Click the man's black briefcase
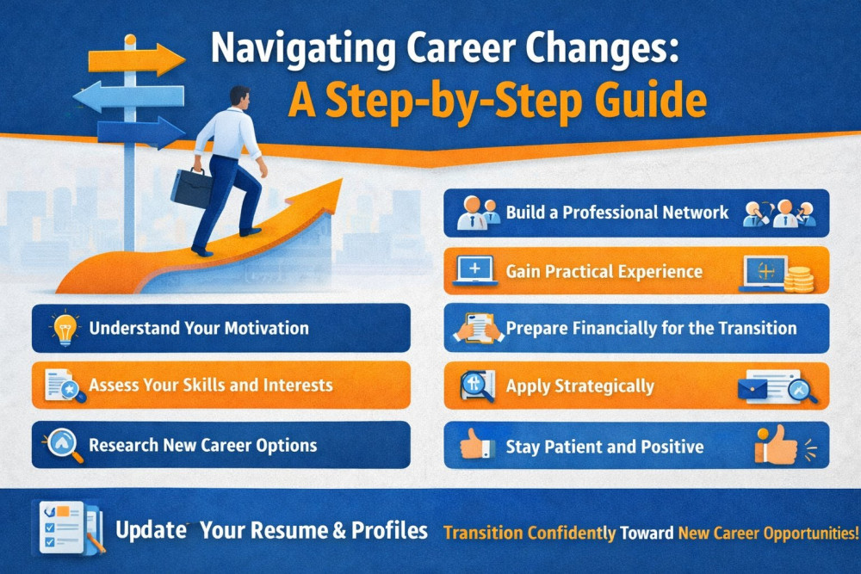tap(191, 187)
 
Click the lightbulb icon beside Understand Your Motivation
tap(65, 328)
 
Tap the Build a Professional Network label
tap(617, 213)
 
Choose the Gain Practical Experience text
tap(604, 271)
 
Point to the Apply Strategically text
tap(579, 386)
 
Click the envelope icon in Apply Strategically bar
tap(753, 390)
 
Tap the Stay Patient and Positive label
tap(604, 447)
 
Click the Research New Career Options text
tap(202, 445)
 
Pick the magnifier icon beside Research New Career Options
tap(63, 445)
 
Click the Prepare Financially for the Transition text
tap(651, 328)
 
